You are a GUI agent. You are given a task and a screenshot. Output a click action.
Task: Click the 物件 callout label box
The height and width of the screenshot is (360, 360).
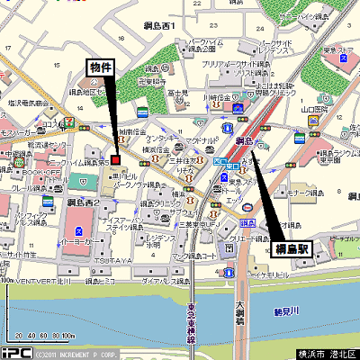[102, 67]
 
